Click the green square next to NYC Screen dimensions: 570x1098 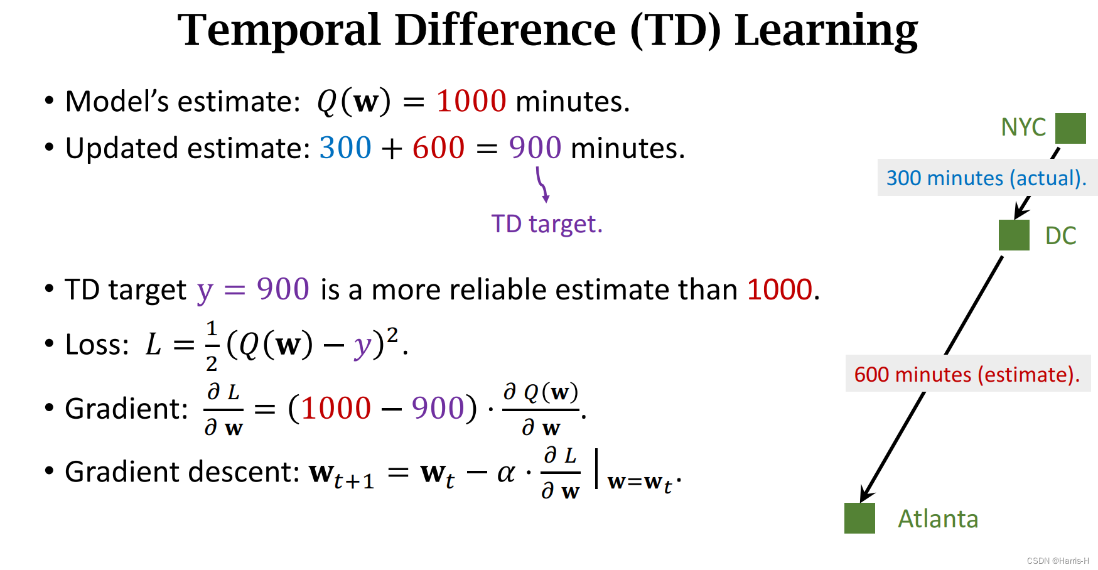coord(1070,128)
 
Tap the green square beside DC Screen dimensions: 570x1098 coord(1014,235)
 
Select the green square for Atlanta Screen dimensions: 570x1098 coord(859,518)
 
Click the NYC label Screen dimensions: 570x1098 coord(1023,127)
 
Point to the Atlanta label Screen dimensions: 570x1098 coord(938,519)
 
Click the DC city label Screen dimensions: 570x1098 coord(1060,236)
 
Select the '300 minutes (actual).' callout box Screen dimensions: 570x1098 coord(986,178)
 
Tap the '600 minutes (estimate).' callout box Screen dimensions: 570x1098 coord(967,374)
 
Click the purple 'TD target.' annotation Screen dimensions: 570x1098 coord(546,224)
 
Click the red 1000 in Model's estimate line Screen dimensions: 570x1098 coord(471,101)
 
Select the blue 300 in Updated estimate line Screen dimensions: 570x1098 coord(345,148)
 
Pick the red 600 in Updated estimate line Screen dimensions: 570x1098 coord(438,148)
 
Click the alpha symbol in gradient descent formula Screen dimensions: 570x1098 coord(506,473)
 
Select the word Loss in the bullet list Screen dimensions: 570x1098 coord(97,345)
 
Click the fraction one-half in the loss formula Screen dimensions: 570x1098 coord(212,345)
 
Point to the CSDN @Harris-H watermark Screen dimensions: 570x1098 coord(1058,561)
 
